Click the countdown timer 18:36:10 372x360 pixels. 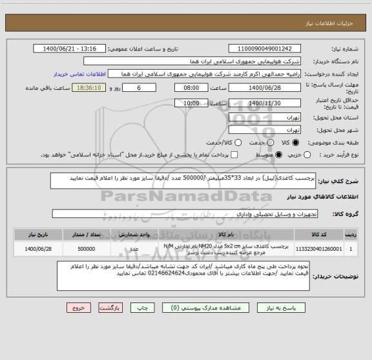coord(88,88)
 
